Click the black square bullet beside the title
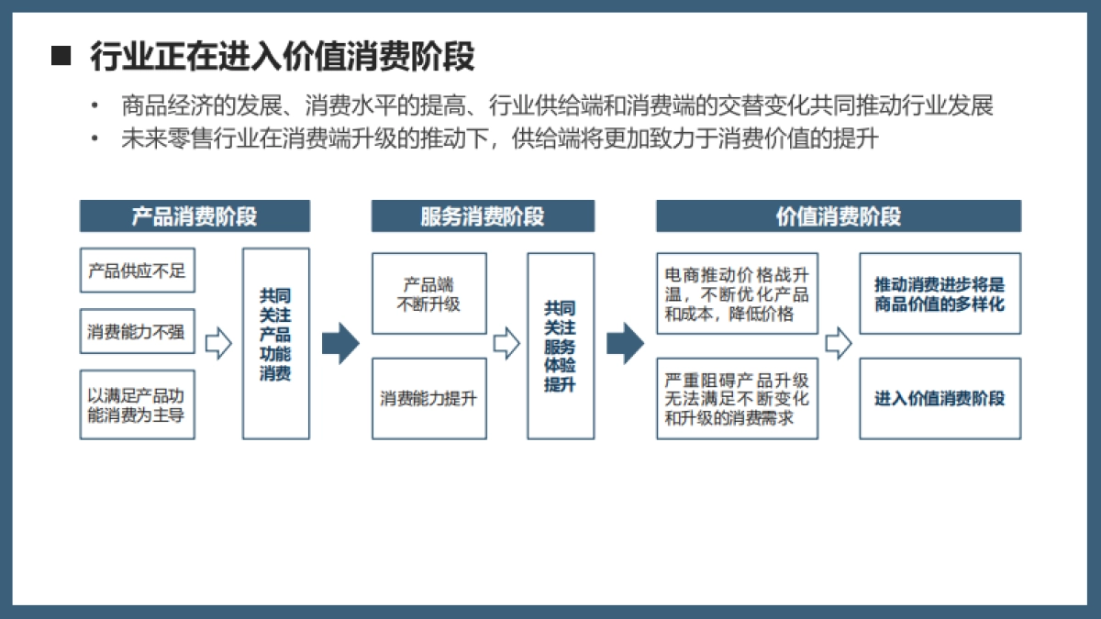click(x=61, y=57)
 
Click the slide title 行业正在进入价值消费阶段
click(x=282, y=57)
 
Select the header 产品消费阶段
click(x=195, y=216)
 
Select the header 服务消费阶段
click(x=483, y=216)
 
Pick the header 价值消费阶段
click(x=838, y=216)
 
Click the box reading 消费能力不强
click(x=138, y=332)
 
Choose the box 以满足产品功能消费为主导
click(x=138, y=404)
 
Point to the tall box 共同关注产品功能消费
click(x=276, y=343)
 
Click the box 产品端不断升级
click(x=429, y=293)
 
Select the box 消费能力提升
click(x=429, y=398)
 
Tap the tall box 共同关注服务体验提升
click(x=561, y=346)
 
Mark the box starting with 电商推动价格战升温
click(x=737, y=293)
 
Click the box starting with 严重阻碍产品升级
click(x=737, y=398)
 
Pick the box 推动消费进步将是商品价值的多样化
click(x=940, y=293)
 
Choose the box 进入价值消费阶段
click(x=940, y=398)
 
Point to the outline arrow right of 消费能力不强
click(x=218, y=344)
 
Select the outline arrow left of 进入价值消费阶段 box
click(x=838, y=344)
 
